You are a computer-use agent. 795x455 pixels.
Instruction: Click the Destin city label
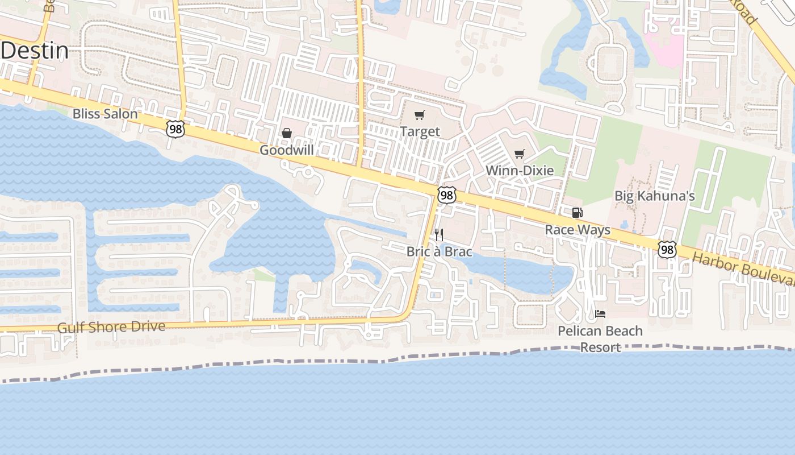coord(35,51)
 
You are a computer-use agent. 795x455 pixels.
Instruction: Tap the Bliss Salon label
coord(105,114)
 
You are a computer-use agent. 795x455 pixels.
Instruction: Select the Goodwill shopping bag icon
coord(287,133)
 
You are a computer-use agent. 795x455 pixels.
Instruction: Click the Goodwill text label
coord(287,150)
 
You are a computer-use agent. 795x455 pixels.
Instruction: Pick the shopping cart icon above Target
coord(419,115)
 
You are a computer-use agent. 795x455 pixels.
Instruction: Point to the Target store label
coord(420,131)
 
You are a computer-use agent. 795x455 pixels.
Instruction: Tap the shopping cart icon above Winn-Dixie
coord(519,154)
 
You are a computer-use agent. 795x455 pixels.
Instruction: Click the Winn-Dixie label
coord(519,170)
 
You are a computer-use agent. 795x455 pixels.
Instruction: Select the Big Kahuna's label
coord(655,196)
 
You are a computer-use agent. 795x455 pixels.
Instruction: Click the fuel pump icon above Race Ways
coord(577,213)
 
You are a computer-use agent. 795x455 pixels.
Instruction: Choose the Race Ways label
coord(578,230)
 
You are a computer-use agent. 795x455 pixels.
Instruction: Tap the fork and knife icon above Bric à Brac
coord(438,234)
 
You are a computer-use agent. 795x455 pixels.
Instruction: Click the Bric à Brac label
coord(439,251)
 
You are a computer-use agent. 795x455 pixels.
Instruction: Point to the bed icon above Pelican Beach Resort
coord(600,313)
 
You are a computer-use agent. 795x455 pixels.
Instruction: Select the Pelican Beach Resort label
coord(600,338)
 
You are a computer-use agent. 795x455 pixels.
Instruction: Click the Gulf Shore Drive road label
coord(111,327)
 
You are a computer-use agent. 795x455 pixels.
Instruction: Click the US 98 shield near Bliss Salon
coord(175,129)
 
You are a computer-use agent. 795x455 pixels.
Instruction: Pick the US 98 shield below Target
coord(447,196)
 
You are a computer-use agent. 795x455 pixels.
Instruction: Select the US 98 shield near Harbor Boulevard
coord(667,249)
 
